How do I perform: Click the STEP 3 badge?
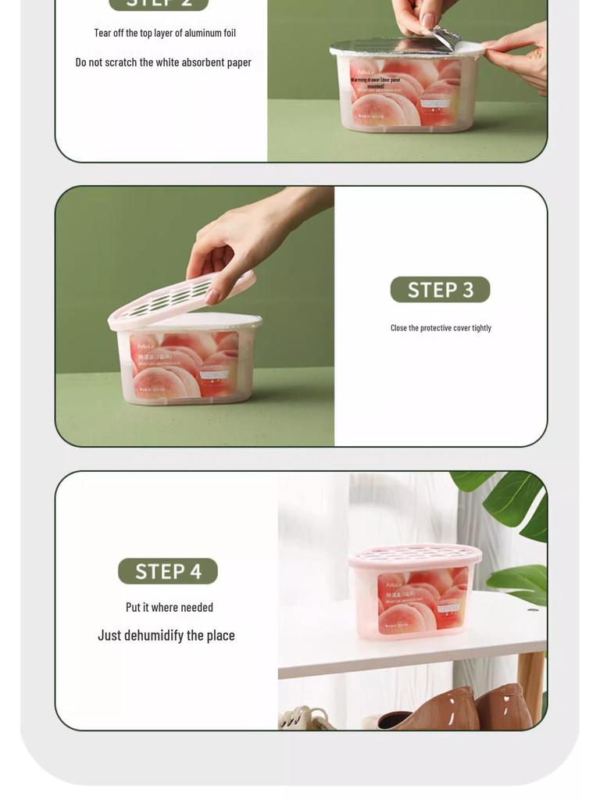(440, 290)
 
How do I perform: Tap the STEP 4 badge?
(168, 571)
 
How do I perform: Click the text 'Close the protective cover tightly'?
(441, 328)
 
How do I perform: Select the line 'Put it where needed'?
(170, 607)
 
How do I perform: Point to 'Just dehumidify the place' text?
(166, 635)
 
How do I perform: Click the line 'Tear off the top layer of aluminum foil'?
(165, 33)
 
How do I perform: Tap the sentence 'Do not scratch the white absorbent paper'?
(163, 62)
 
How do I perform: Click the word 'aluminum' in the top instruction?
(202, 33)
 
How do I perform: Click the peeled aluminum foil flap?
(445, 37)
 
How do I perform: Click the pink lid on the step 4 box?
(415, 555)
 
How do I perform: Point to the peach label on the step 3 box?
(184, 366)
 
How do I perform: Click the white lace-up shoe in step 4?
(305, 717)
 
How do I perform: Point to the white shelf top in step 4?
(406, 652)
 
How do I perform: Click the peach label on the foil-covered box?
(405, 91)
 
